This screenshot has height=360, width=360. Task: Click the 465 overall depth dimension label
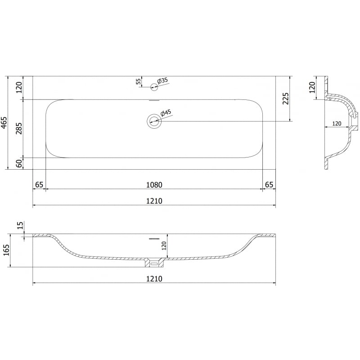(4, 123)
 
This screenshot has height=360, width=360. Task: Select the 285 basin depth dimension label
(19, 128)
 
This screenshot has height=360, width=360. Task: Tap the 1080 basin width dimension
(154, 184)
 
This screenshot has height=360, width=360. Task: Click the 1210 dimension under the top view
(154, 201)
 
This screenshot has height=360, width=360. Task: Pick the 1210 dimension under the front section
(154, 279)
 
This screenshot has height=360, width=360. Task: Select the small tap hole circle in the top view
(154, 86)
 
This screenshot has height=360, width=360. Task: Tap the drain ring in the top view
(154, 121)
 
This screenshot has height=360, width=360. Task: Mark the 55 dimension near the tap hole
(138, 81)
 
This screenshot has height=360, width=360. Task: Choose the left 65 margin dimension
(39, 184)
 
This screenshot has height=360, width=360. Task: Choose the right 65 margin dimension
(269, 184)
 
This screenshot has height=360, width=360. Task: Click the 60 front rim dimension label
(19, 163)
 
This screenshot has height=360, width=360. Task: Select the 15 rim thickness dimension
(19, 225)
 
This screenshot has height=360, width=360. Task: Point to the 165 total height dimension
(5, 250)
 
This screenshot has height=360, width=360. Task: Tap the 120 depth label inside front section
(164, 246)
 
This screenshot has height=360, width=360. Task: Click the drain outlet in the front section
(154, 261)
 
